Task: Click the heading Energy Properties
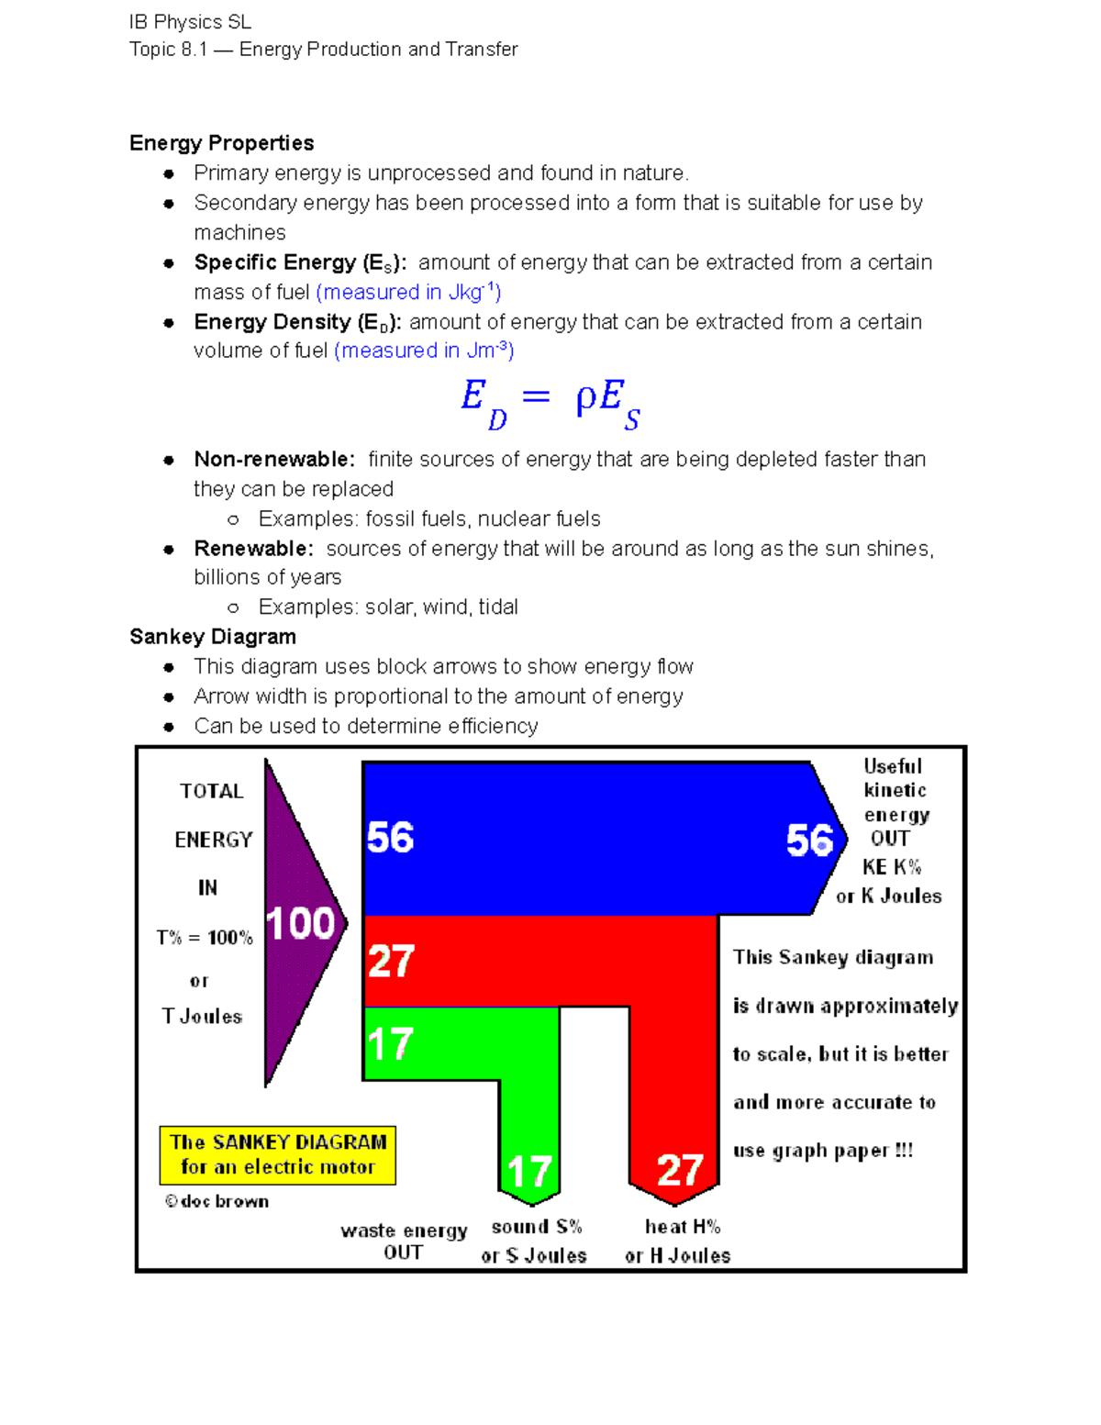[x=221, y=143]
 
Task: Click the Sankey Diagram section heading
[x=212, y=637]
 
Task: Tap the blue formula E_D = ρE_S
[x=550, y=403]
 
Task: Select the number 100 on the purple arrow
[x=300, y=923]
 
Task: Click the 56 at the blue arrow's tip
[x=809, y=840]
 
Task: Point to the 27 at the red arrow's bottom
[x=680, y=1170]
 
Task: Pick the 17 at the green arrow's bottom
[x=529, y=1172]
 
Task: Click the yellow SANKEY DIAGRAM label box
[x=277, y=1154]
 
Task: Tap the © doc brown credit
[x=217, y=1201]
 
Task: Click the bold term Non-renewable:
[x=273, y=459]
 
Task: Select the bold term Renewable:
[x=253, y=549]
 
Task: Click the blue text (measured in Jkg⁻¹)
[x=408, y=292]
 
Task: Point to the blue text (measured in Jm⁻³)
[x=424, y=351]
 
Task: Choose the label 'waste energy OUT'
[x=404, y=1241]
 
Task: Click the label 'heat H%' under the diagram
[x=682, y=1227]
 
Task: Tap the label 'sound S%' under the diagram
[x=537, y=1227]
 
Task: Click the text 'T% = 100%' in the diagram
[x=204, y=938]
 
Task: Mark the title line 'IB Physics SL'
[x=190, y=22]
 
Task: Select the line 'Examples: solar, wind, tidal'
[x=388, y=607]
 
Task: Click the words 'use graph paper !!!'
[x=823, y=1151]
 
